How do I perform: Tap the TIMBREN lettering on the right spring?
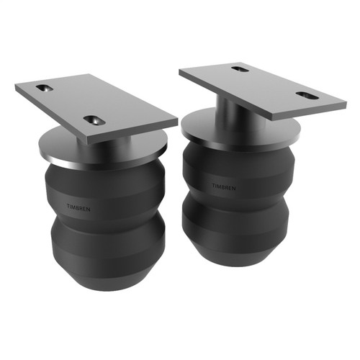pyautogui.click(x=224, y=187)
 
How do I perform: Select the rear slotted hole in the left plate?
pyautogui.click(x=45, y=88)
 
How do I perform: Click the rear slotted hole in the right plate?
pyautogui.click(x=240, y=69)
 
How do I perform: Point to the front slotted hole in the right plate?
pyautogui.click(x=307, y=95)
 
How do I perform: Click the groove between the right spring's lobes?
pyautogui.click(x=238, y=198)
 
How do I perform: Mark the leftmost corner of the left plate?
pyautogui.click(x=16, y=89)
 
